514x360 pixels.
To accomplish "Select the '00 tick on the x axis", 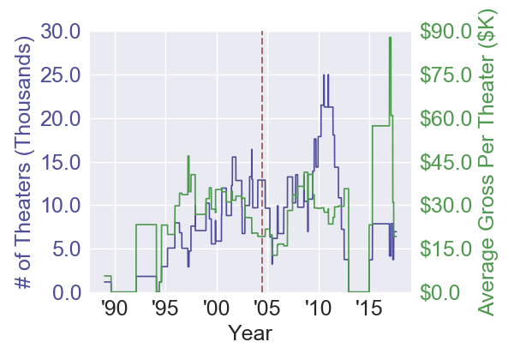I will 215,309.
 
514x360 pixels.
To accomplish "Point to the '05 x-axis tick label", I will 266,309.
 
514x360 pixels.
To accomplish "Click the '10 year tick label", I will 318,309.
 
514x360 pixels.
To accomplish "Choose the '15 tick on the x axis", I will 369,309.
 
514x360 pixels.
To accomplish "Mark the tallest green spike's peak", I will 390,38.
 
